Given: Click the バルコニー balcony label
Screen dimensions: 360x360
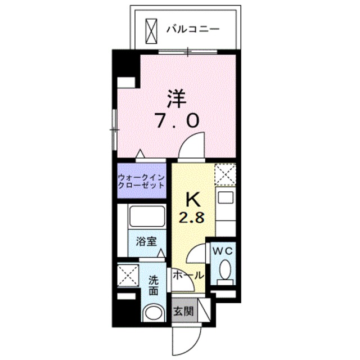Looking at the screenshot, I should [x=192, y=28].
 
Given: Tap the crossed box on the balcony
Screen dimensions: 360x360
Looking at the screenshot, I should [x=152, y=29].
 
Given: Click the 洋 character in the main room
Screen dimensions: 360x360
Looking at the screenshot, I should [x=175, y=97].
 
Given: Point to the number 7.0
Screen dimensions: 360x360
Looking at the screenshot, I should [x=175, y=120].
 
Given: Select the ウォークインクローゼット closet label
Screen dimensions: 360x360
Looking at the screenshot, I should [x=141, y=181].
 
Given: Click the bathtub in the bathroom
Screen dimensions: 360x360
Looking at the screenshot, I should [x=146, y=217].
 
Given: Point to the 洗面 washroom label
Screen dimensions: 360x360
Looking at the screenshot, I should [x=153, y=285].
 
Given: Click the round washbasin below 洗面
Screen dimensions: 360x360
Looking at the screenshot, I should [x=152, y=313].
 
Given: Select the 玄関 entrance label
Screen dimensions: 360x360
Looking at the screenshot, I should [x=181, y=310].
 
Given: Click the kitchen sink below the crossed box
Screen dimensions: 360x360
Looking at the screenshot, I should [x=226, y=198].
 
